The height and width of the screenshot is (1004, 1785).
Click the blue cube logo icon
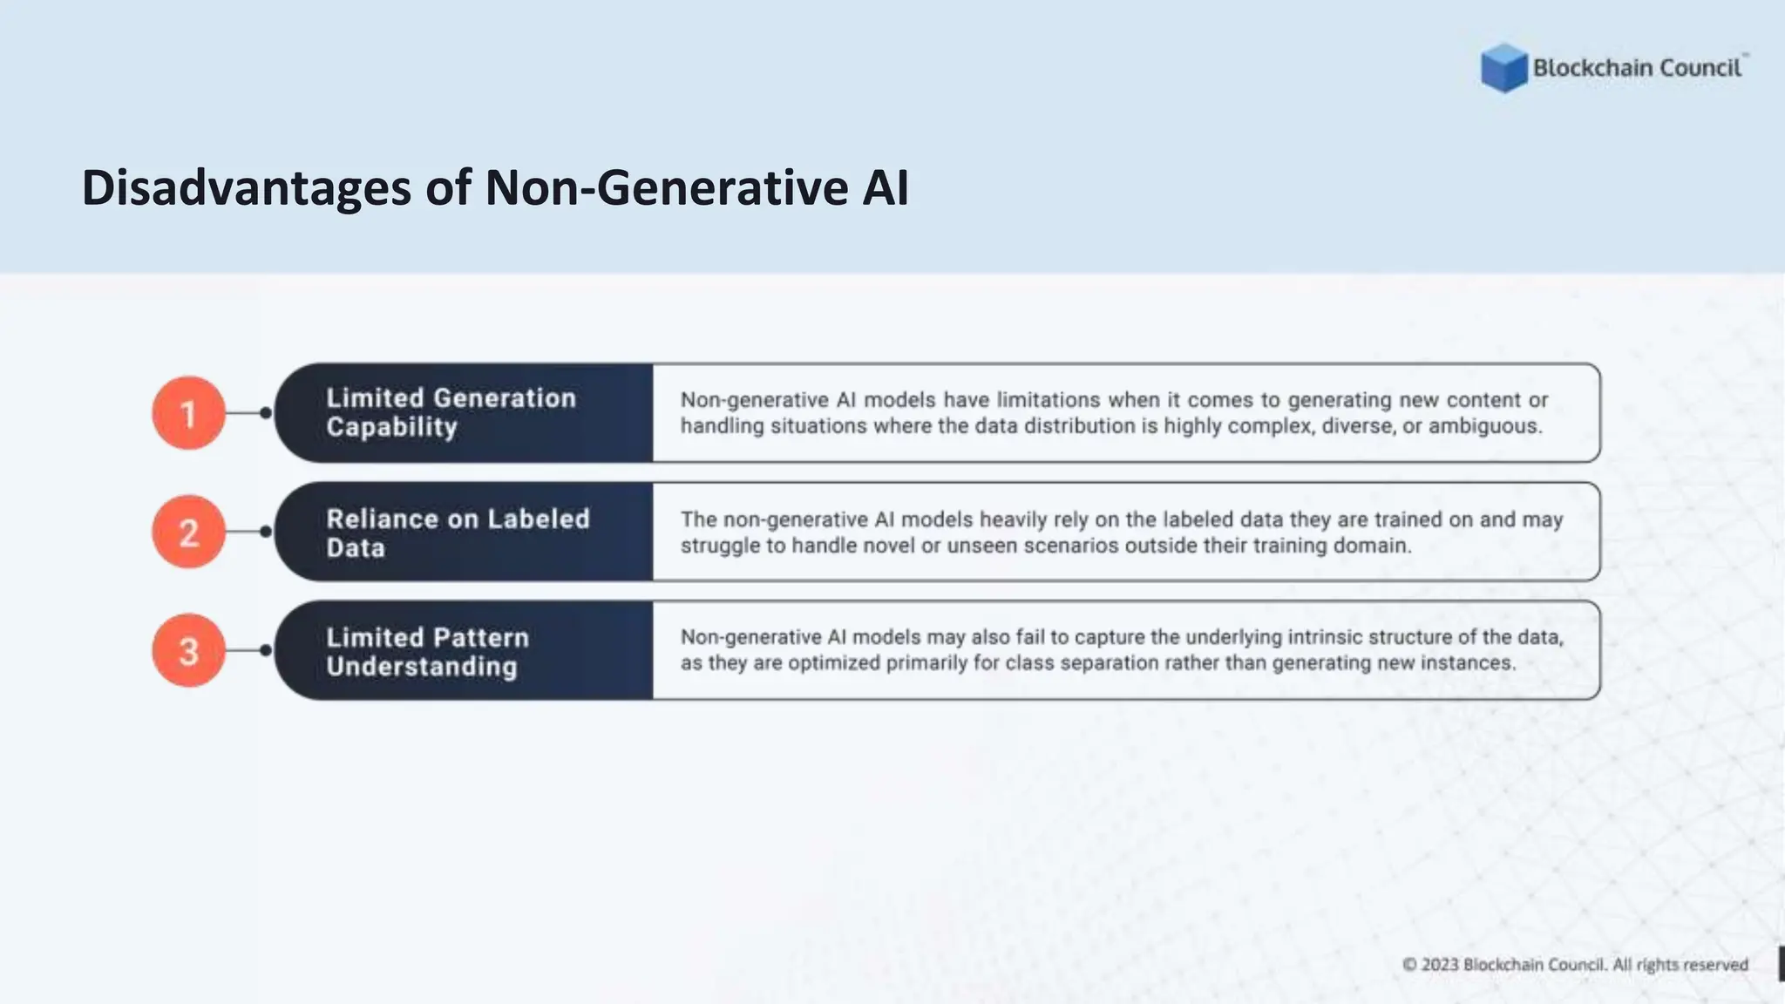pyautogui.click(x=1503, y=68)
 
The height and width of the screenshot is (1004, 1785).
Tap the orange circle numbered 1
pyautogui.click(x=188, y=413)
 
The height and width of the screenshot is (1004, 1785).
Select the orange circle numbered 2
pyautogui.click(x=188, y=532)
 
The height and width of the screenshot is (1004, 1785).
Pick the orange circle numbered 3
pyautogui.click(x=188, y=650)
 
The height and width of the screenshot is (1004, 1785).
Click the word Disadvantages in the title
pyautogui.click(x=246, y=188)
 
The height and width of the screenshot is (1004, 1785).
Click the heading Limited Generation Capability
pyautogui.click(x=451, y=412)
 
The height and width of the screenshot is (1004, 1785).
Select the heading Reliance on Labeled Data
pyautogui.click(x=458, y=533)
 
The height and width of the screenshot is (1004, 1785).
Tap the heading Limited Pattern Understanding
pyautogui.click(x=427, y=652)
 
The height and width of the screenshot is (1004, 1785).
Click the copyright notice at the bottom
pyautogui.click(x=1575, y=965)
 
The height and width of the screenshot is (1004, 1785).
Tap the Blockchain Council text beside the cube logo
pyautogui.click(x=1637, y=68)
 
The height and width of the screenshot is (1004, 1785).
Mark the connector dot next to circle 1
pyautogui.click(x=265, y=413)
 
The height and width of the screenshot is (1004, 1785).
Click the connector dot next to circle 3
pyautogui.click(x=265, y=650)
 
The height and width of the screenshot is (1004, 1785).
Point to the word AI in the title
pyautogui.click(x=886, y=188)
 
